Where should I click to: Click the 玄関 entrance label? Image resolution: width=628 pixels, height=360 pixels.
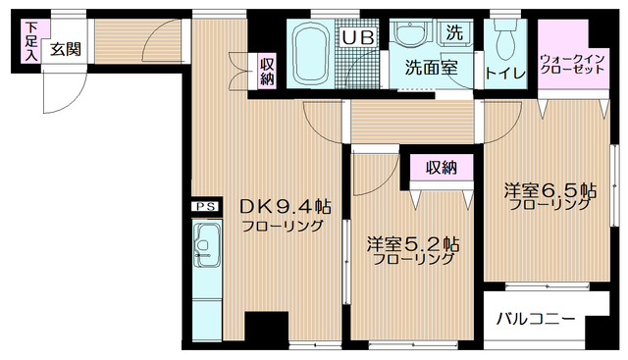(67, 47)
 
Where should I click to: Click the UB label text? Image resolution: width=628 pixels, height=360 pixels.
(356, 38)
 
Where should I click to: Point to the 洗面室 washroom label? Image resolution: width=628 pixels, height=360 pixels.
(433, 70)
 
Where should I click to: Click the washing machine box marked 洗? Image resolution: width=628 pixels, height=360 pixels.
(454, 31)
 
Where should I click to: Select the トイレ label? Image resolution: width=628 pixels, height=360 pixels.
(506, 72)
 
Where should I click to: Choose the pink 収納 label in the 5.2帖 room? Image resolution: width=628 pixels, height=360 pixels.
(442, 168)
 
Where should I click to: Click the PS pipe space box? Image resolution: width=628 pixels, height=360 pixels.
(204, 207)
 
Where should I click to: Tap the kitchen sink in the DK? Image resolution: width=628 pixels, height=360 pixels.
(208, 243)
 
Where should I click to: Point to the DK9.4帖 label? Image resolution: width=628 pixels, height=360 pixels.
(286, 207)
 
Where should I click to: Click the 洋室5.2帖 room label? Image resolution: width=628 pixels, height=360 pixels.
(412, 243)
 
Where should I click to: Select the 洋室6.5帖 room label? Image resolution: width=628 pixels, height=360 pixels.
(549, 188)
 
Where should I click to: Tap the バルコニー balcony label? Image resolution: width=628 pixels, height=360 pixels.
(534, 319)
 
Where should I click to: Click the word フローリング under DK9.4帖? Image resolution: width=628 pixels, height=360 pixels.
(285, 226)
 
